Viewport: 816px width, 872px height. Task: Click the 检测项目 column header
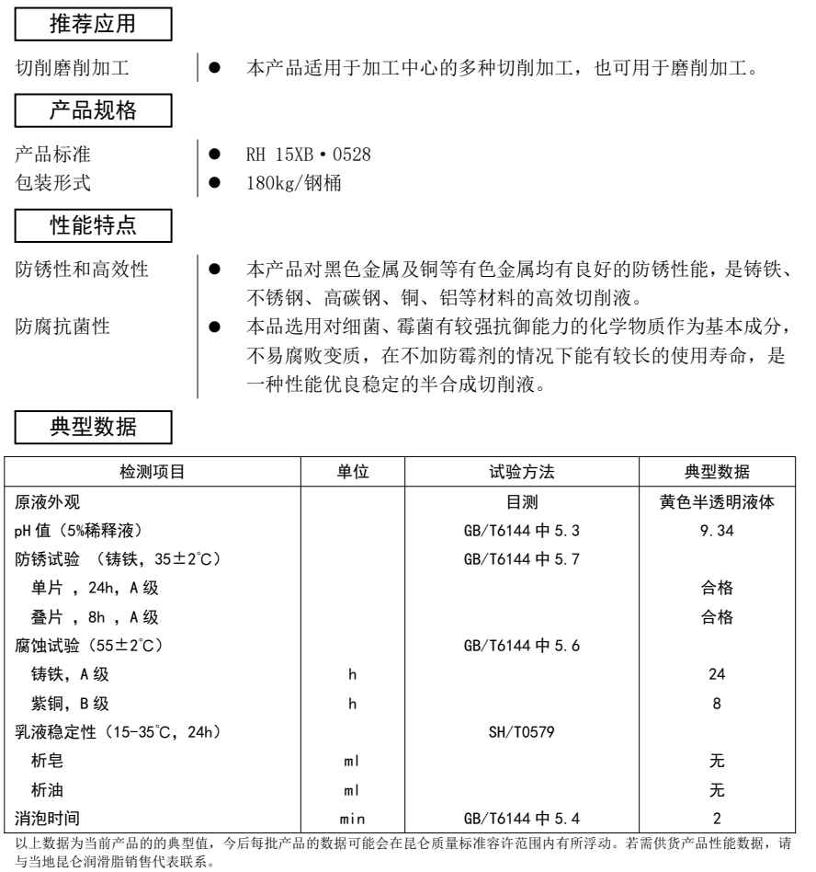[x=153, y=472]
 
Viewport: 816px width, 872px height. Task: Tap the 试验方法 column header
[x=525, y=472]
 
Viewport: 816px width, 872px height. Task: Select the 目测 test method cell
[x=525, y=500]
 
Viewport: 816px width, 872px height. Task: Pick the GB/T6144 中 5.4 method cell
[x=525, y=816]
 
